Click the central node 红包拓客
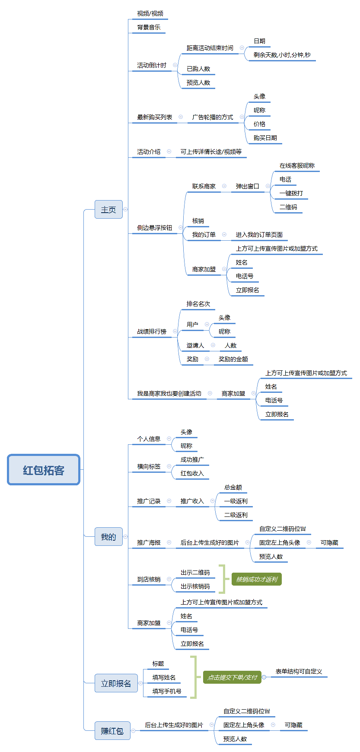point(44,470)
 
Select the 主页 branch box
point(108,210)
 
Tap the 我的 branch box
point(108,537)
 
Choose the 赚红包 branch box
point(112,730)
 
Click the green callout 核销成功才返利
point(257,579)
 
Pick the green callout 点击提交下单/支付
point(232,677)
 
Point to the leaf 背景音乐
point(149,27)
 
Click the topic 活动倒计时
point(152,65)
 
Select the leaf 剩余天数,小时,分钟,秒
point(282,55)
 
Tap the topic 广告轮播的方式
point(213,117)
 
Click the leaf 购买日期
point(265,138)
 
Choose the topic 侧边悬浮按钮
point(155,228)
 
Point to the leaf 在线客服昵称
point(297,166)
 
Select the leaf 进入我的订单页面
point(259,235)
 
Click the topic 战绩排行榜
point(152,331)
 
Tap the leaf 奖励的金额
point(233,359)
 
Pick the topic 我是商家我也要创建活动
point(169,394)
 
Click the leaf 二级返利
point(236,515)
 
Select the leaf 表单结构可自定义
point(299,671)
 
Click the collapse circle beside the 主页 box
point(126,209)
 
